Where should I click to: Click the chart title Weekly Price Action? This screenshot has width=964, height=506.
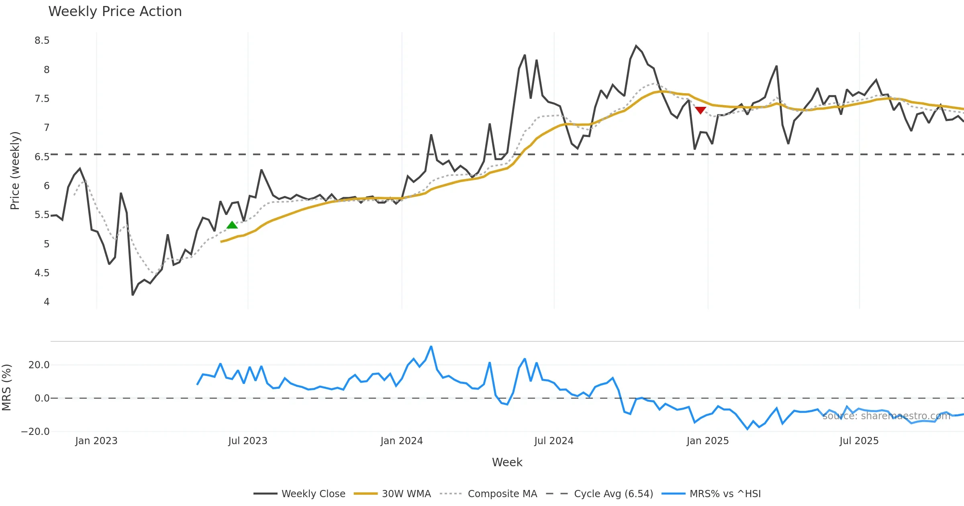click(x=115, y=12)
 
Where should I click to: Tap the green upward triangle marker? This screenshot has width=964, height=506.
click(x=232, y=225)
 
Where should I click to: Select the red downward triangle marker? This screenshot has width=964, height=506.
click(x=701, y=110)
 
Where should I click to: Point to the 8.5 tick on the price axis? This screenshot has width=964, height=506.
click(x=42, y=41)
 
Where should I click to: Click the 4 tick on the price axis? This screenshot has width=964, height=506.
click(x=47, y=302)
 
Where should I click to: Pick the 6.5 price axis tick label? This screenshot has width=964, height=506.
click(x=42, y=157)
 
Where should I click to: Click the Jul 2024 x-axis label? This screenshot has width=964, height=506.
click(x=553, y=441)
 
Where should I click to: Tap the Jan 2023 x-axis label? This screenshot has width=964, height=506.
click(x=96, y=441)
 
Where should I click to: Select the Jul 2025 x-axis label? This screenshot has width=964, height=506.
click(x=859, y=441)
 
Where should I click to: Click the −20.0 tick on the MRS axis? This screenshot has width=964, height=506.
click(x=35, y=432)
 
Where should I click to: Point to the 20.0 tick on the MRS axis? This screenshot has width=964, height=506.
click(x=39, y=365)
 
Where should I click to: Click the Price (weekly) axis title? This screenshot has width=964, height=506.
click(x=15, y=171)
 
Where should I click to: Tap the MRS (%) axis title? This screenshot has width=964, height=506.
click(x=7, y=388)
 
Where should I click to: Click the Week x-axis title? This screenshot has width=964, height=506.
click(x=507, y=462)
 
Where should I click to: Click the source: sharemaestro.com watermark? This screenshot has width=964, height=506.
click(x=886, y=416)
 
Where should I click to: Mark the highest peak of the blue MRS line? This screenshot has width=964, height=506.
click(x=431, y=346)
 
